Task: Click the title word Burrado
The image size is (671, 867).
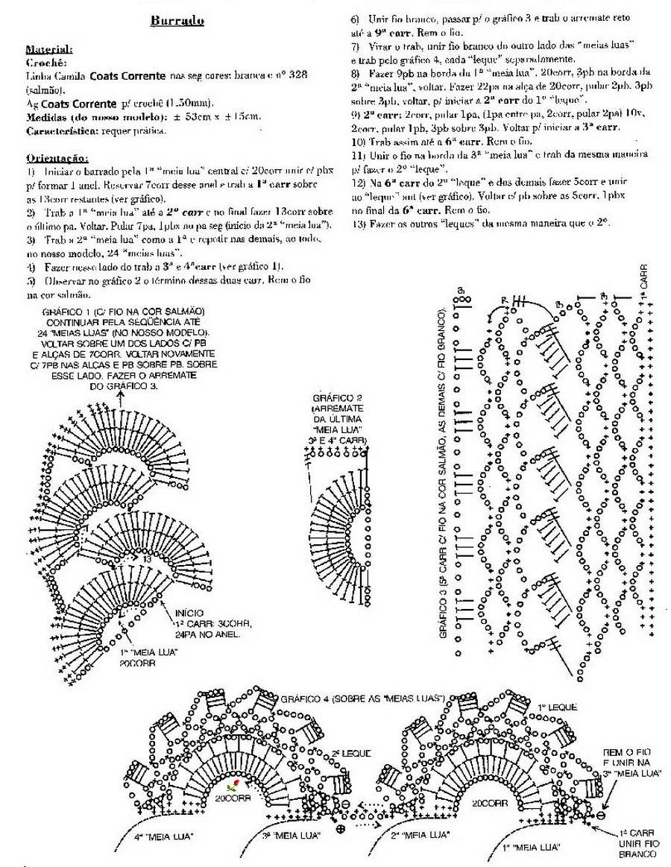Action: [x=177, y=21]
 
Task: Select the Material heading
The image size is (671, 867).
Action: [x=49, y=50]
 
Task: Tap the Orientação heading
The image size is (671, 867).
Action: [x=57, y=158]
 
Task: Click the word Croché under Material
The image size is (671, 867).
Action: [x=43, y=63]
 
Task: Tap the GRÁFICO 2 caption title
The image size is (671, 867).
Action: [x=338, y=398]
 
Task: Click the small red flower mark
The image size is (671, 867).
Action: [x=233, y=785]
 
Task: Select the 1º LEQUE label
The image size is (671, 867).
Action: [x=556, y=705]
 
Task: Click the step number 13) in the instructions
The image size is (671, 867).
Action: [x=356, y=224]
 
